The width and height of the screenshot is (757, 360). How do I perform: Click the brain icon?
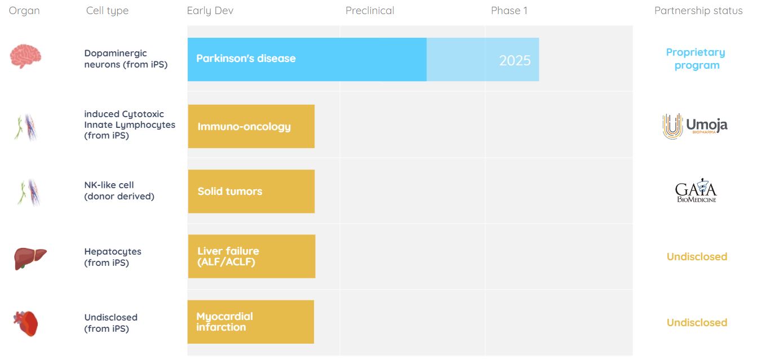tap(26, 56)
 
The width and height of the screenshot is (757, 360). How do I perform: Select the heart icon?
tap(26, 323)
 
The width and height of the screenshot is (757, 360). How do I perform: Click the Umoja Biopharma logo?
tap(695, 126)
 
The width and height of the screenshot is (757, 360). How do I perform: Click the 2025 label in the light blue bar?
tap(515, 60)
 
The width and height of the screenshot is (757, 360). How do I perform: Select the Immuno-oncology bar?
tap(251, 126)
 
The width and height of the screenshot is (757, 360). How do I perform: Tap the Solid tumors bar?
tap(251, 191)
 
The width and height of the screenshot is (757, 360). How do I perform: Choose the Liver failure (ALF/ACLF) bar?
tap(251, 256)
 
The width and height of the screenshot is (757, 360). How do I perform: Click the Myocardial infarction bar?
tap(251, 322)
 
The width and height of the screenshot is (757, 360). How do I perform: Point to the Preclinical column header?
tap(370, 11)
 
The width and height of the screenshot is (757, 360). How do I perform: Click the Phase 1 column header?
tap(509, 11)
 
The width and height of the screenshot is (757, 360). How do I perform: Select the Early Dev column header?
tap(210, 11)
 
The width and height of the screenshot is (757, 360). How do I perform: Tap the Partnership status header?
tap(698, 11)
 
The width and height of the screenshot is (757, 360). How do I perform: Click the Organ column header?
tap(24, 11)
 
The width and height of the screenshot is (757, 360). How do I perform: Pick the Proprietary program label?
tap(696, 59)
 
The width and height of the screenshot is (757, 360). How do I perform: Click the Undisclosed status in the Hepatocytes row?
tap(697, 257)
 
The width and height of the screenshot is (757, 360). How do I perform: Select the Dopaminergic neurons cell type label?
tap(126, 59)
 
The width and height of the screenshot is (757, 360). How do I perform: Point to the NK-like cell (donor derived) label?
tap(119, 190)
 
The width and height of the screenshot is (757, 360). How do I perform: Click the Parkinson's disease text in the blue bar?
tap(246, 59)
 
